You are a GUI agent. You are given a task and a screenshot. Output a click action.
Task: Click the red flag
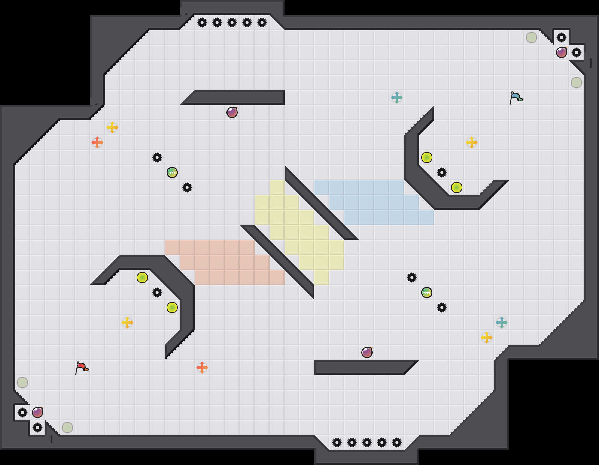[82, 367]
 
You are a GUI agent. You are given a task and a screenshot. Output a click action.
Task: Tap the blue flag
[516, 97]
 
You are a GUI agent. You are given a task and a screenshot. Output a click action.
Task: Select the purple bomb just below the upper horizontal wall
[232, 112]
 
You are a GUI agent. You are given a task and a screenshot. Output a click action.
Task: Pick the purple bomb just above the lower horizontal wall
[367, 352]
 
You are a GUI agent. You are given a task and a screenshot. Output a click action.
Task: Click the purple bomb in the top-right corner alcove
[561, 52]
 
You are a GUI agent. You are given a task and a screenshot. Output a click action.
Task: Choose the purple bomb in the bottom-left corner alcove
[37, 412]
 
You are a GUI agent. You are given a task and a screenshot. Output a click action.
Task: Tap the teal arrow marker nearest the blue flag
[397, 97]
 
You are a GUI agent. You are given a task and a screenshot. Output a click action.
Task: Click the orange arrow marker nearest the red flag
[202, 367]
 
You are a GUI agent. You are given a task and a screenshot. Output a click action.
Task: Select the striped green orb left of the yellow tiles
[172, 172]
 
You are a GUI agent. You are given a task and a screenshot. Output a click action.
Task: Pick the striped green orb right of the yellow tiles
[427, 292]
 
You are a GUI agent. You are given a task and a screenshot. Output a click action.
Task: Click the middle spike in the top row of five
[232, 22]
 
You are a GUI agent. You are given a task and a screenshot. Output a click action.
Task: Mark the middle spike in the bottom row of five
[367, 442]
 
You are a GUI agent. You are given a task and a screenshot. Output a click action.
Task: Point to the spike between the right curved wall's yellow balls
[442, 172]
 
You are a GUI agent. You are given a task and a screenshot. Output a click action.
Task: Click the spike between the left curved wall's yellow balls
[157, 292]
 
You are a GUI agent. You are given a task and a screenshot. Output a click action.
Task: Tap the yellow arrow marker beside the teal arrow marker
[487, 337]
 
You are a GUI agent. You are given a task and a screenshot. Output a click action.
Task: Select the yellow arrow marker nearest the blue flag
[472, 142]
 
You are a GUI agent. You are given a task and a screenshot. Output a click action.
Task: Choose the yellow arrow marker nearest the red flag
[127, 322]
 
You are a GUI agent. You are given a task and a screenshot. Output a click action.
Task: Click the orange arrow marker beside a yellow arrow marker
[97, 142]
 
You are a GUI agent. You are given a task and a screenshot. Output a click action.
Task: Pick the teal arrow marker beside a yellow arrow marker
[502, 322]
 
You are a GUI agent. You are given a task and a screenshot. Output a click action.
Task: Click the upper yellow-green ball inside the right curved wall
[427, 157]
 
